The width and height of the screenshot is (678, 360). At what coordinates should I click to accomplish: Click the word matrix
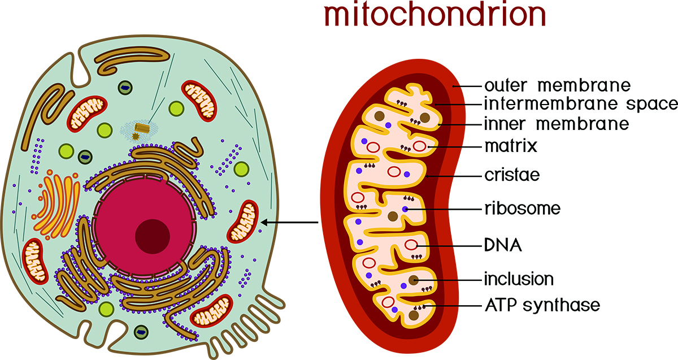click(510, 146)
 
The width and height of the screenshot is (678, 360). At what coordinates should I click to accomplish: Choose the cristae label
click(512, 175)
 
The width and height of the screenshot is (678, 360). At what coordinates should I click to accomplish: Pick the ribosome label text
click(522, 209)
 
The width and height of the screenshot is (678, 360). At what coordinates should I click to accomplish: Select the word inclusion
click(518, 279)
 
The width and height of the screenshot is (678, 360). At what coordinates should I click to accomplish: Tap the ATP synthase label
click(542, 306)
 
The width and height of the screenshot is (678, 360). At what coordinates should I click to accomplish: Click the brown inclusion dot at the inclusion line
click(414, 279)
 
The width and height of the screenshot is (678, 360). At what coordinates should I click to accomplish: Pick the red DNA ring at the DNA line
click(412, 246)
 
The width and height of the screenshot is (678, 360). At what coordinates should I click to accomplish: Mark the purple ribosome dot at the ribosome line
click(405, 209)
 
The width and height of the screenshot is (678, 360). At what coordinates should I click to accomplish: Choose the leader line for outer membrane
click(468, 86)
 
